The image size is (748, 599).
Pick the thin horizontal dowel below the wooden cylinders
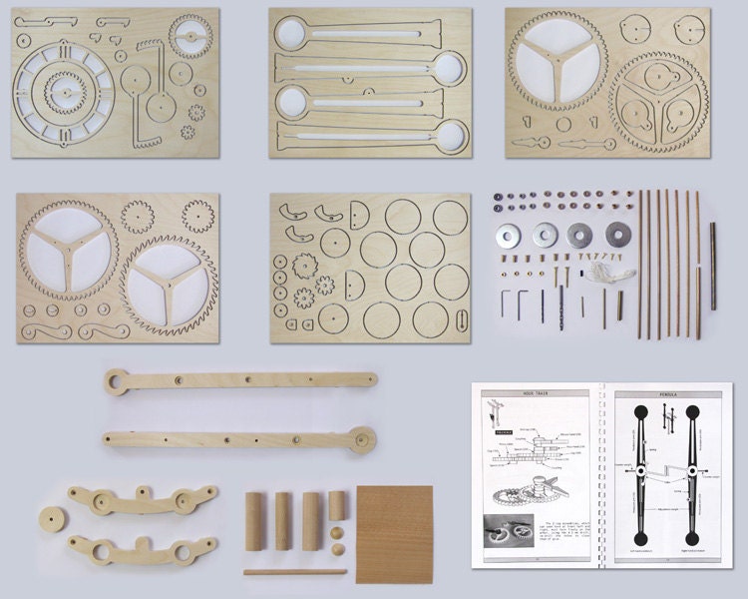[295, 572]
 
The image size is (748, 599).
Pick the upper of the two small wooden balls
[336, 532]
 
